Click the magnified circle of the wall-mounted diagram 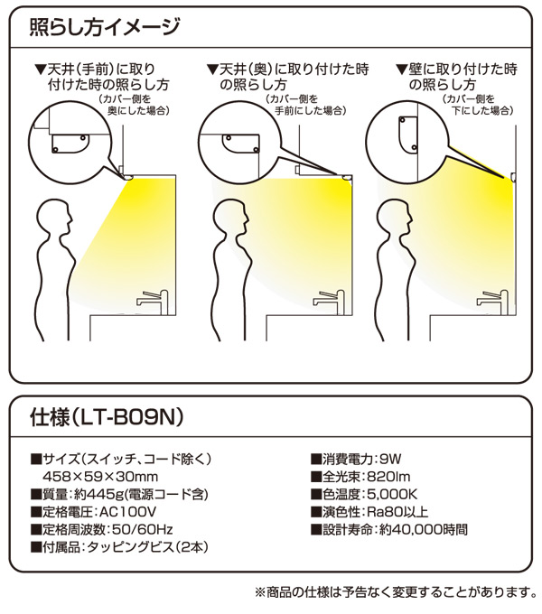click(411, 130)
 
